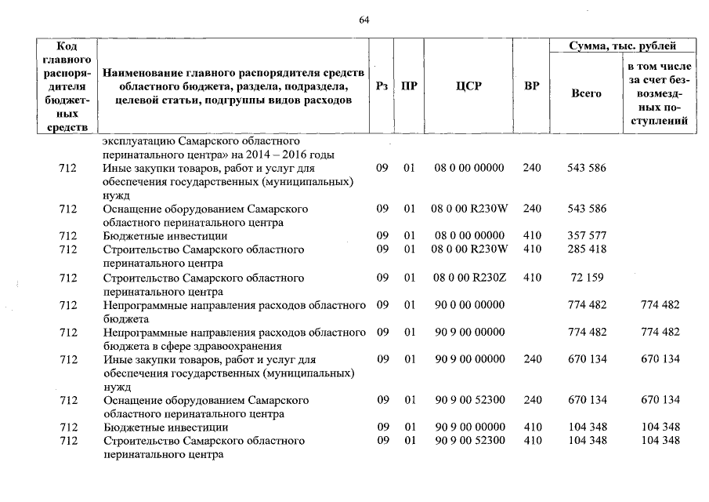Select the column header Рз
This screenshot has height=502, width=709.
click(x=382, y=86)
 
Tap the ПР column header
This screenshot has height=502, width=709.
click(x=409, y=86)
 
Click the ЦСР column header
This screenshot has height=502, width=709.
click(x=468, y=86)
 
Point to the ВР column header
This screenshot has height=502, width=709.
click(x=531, y=86)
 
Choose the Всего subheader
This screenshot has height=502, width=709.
click(x=586, y=93)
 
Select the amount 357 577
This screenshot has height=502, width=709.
click(x=587, y=236)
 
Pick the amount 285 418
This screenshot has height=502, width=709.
click(x=587, y=249)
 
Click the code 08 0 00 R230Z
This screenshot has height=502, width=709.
click(x=468, y=278)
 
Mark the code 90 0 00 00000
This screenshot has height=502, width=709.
click(x=468, y=305)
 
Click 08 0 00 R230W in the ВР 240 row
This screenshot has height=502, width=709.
click(x=468, y=209)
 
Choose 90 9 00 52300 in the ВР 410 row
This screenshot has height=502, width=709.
click(x=468, y=441)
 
